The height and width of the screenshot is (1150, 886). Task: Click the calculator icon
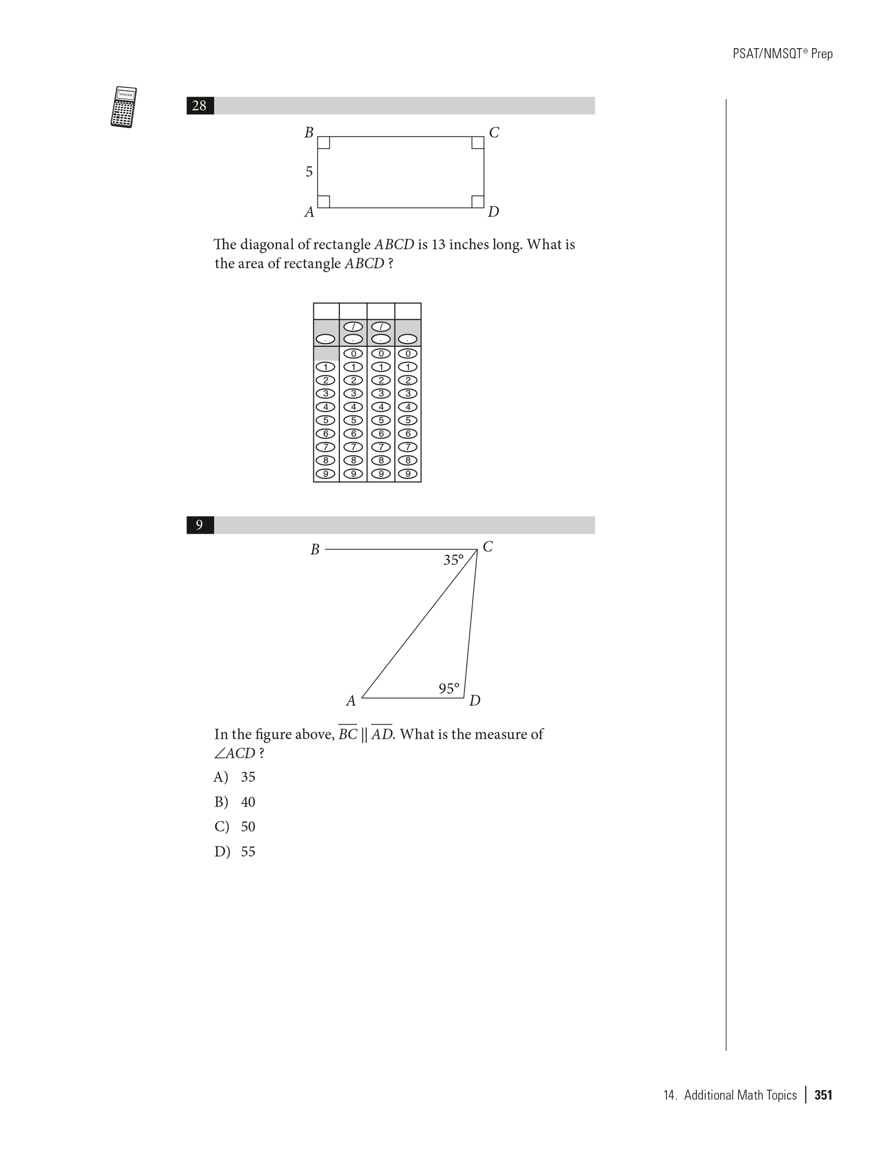coord(123,107)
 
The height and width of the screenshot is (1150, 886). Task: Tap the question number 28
coord(199,105)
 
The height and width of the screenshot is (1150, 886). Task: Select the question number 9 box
coord(199,525)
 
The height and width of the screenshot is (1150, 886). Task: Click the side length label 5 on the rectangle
coord(309,172)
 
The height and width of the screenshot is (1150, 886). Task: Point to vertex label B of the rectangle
coord(309,132)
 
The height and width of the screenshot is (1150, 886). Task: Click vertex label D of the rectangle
coord(493,212)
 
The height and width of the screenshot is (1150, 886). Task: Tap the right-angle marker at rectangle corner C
coord(478,143)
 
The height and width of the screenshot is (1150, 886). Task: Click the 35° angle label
coord(453,560)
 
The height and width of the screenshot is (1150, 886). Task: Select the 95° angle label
coord(449,689)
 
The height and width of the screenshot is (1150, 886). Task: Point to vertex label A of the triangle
coord(351,701)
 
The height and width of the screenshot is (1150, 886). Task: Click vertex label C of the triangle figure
coord(487,547)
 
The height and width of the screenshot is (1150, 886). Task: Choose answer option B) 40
coord(235,802)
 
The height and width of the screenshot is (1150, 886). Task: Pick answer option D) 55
coord(235,852)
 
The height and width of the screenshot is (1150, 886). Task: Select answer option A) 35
coord(235,777)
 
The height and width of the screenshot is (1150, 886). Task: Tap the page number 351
coord(823,1095)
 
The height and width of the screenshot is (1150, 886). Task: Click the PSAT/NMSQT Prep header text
coord(782,54)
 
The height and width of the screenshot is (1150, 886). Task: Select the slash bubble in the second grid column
coord(353,327)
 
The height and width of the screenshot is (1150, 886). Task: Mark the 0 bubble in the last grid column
coord(408,354)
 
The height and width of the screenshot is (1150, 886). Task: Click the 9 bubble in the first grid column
coord(326,474)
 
